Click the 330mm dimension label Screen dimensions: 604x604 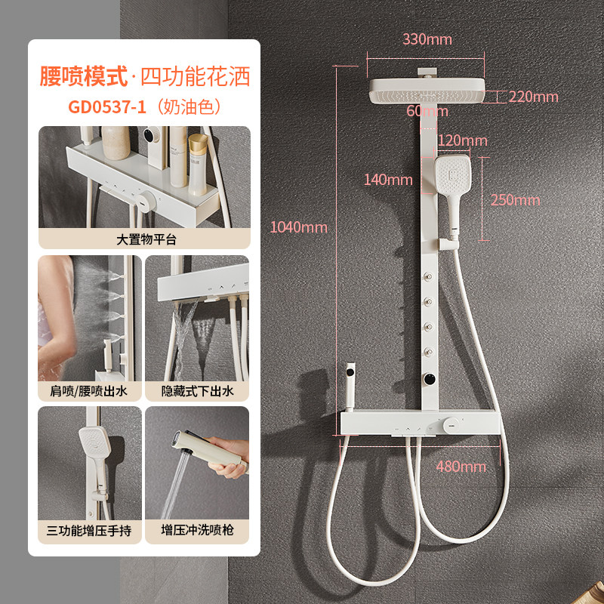pyautogui.click(x=427, y=39)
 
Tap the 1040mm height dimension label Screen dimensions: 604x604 pyautogui.click(x=298, y=227)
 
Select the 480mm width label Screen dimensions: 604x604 pyautogui.click(x=461, y=467)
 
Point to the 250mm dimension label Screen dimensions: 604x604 pyautogui.click(x=516, y=200)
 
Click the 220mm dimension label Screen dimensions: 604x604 pyautogui.click(x=534, y=97)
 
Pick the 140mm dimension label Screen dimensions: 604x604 pyautogui.click(x=388, y=180)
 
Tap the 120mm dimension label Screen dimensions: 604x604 pyautogui.click(x=463, y=140)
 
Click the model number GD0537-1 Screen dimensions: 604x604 pyautogui.click(x=107, y=106)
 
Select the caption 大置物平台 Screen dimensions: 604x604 pyautogui.click(x=146, y=239)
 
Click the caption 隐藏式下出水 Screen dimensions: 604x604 pyautogui.click(x=197, y=391)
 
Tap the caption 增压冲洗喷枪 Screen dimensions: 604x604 pyautogui.click(x=197, y=530)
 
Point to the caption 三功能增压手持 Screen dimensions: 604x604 pyautogui.click(x=89, y=531)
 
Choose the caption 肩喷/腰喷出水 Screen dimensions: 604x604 pyautogui.click(x=88, y=391)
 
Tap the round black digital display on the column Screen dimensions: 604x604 pyautogui.click(x=429, y=379)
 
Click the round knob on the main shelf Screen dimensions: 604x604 pyautogui.click(x=450, y=425)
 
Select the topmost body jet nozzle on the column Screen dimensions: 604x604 pyautogui.click(x=428, y=276)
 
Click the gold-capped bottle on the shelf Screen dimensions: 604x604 pyautogui.click(x=198, y=165)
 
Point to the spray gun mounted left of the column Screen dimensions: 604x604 pyautogui.click(x=350, y=385)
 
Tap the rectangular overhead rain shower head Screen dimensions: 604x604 pyautogui.click(x=427, y=91)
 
